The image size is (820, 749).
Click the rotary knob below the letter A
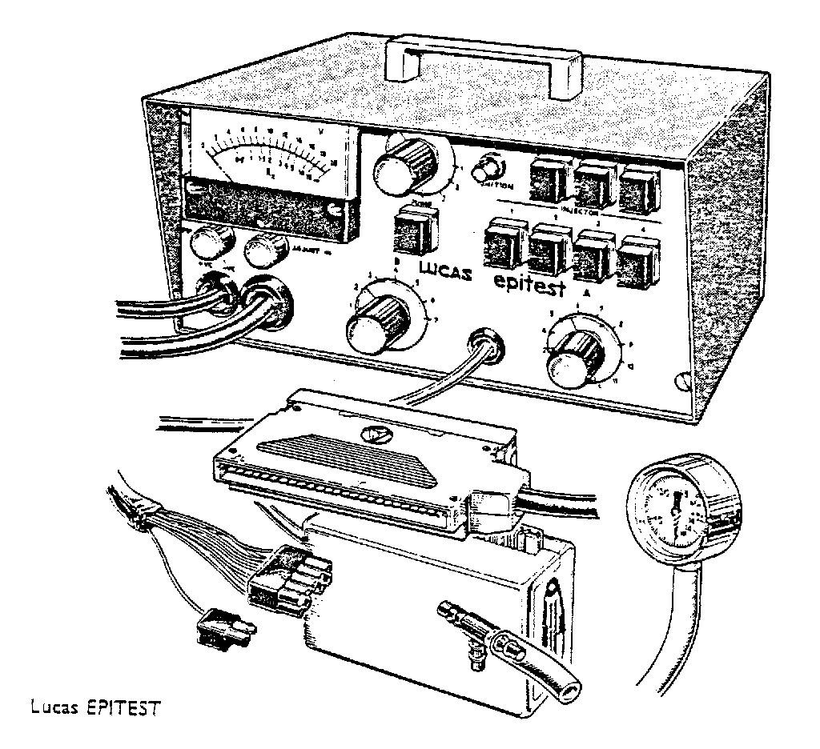click(573, 361)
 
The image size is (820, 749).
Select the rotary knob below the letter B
click(372, 323)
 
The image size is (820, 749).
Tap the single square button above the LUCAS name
click(416, 234)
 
